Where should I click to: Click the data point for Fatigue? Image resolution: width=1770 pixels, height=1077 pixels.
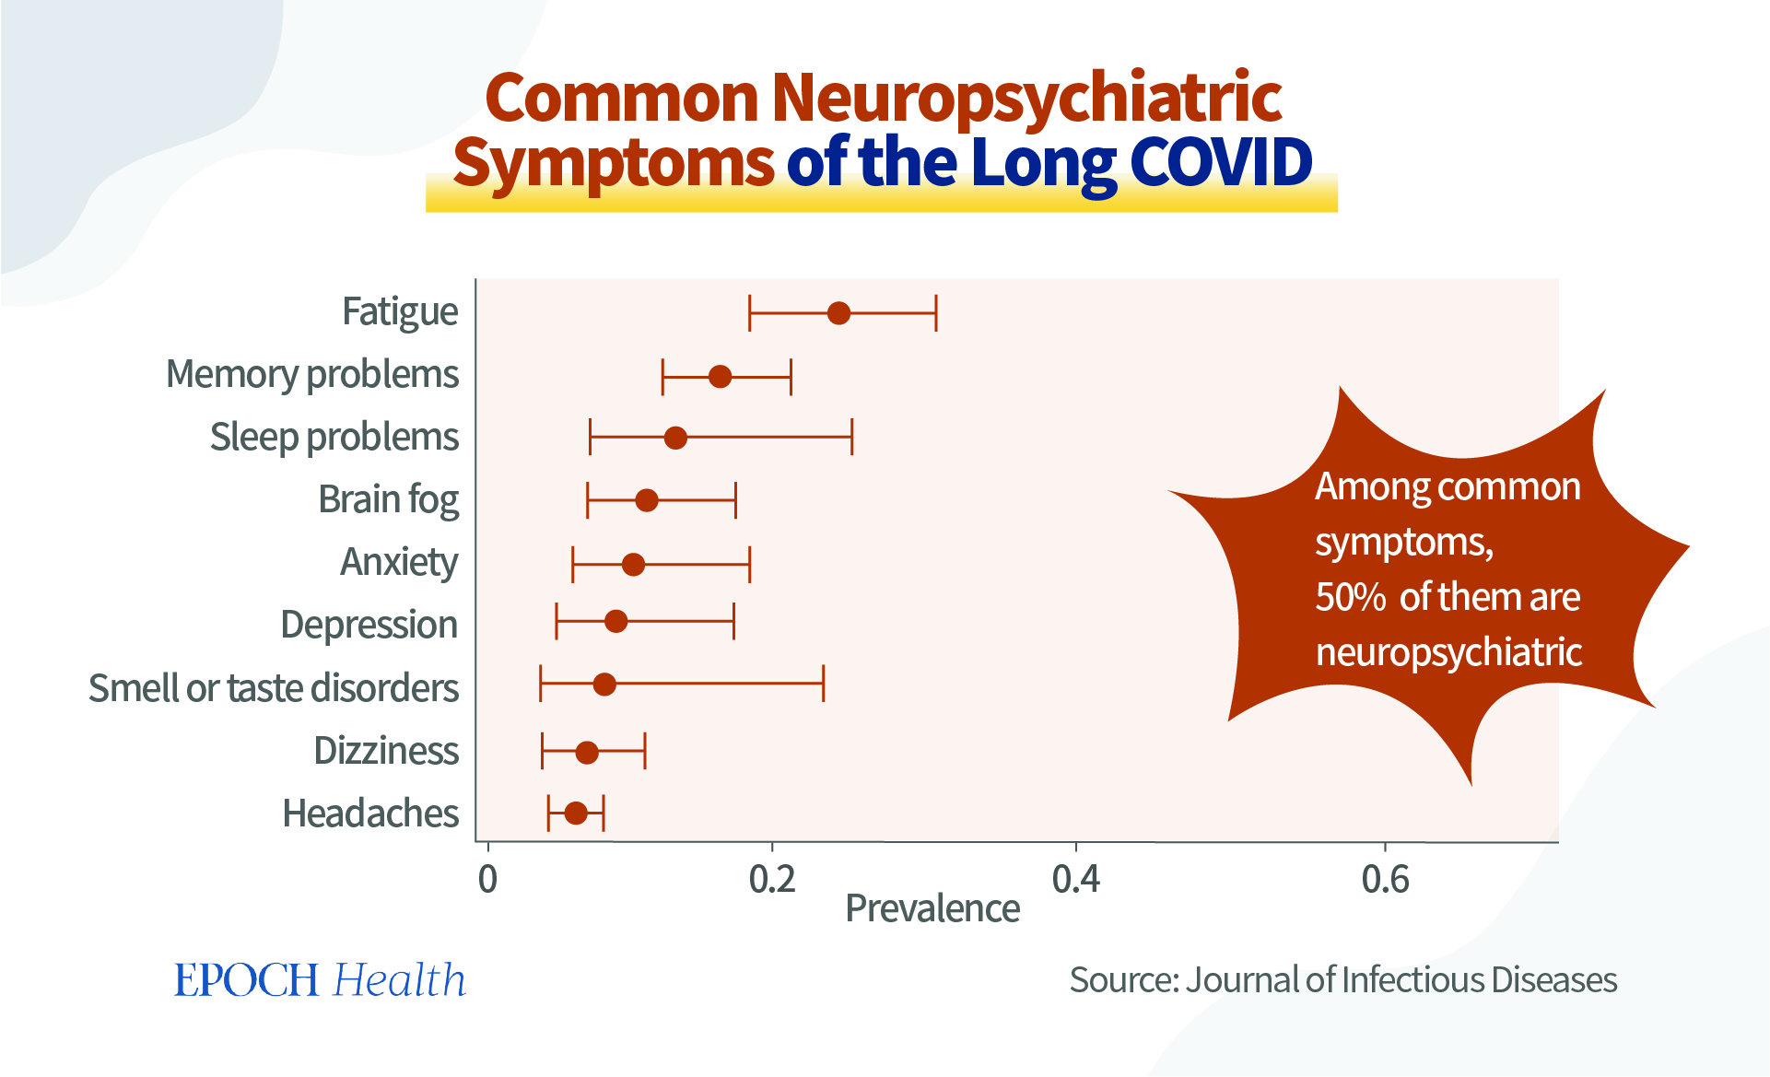838,313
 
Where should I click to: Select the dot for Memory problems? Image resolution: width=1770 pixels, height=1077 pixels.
720,377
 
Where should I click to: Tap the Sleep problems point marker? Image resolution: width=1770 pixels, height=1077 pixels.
675,438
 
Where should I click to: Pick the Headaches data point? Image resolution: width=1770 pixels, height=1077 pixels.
576,814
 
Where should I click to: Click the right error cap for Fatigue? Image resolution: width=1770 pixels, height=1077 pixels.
936,313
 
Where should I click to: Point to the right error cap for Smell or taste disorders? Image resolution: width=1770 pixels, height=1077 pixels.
823,684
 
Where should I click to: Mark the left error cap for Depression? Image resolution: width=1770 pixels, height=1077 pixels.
557,621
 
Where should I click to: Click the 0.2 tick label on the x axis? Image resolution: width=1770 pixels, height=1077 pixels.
771,880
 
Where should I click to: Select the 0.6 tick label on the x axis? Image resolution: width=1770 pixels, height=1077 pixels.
1385,880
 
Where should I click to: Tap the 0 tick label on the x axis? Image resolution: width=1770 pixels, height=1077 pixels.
487,880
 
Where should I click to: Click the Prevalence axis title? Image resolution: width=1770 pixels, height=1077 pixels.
932,909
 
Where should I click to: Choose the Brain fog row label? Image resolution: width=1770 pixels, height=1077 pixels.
388,500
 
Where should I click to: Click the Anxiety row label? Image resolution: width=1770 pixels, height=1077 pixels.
399,562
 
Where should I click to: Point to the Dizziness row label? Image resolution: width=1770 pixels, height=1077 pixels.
386,751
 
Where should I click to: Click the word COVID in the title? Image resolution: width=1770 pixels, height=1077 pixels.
1220,162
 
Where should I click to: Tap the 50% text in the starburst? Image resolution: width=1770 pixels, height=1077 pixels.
1350,597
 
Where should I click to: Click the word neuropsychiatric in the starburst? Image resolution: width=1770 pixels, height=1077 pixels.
1448,652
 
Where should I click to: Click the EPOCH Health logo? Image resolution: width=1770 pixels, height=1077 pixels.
320,979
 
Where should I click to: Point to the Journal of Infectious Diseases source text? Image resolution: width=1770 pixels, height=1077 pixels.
1401,979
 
